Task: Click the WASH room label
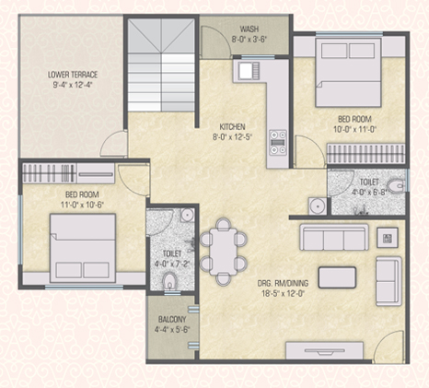(x=249, y=29)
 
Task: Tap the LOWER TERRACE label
(x=73, y=75)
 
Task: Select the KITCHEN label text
(x=232, y=126)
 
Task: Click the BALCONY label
(x=172, y=319)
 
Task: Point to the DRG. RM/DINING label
(x=283, y=283)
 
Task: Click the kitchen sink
(x=249, y=71)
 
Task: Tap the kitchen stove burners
(x=278, y=142)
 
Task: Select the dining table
(x=223, y=252)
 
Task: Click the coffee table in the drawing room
(x=337, y=277)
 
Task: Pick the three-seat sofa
(x=334, y=237)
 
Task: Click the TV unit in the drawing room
(x=325, y=350)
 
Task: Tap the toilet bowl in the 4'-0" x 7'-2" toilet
(x=169, y=280)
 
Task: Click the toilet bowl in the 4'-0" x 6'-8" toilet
(x=395, y=186)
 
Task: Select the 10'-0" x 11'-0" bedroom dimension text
(x=354, y=129)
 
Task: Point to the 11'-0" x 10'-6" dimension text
(x=82, y=205)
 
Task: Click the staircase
(x=161, y=65)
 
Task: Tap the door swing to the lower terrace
(x=113, y=143)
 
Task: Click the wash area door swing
(x=215, y=41)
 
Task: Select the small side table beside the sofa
(x=388, y=238)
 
